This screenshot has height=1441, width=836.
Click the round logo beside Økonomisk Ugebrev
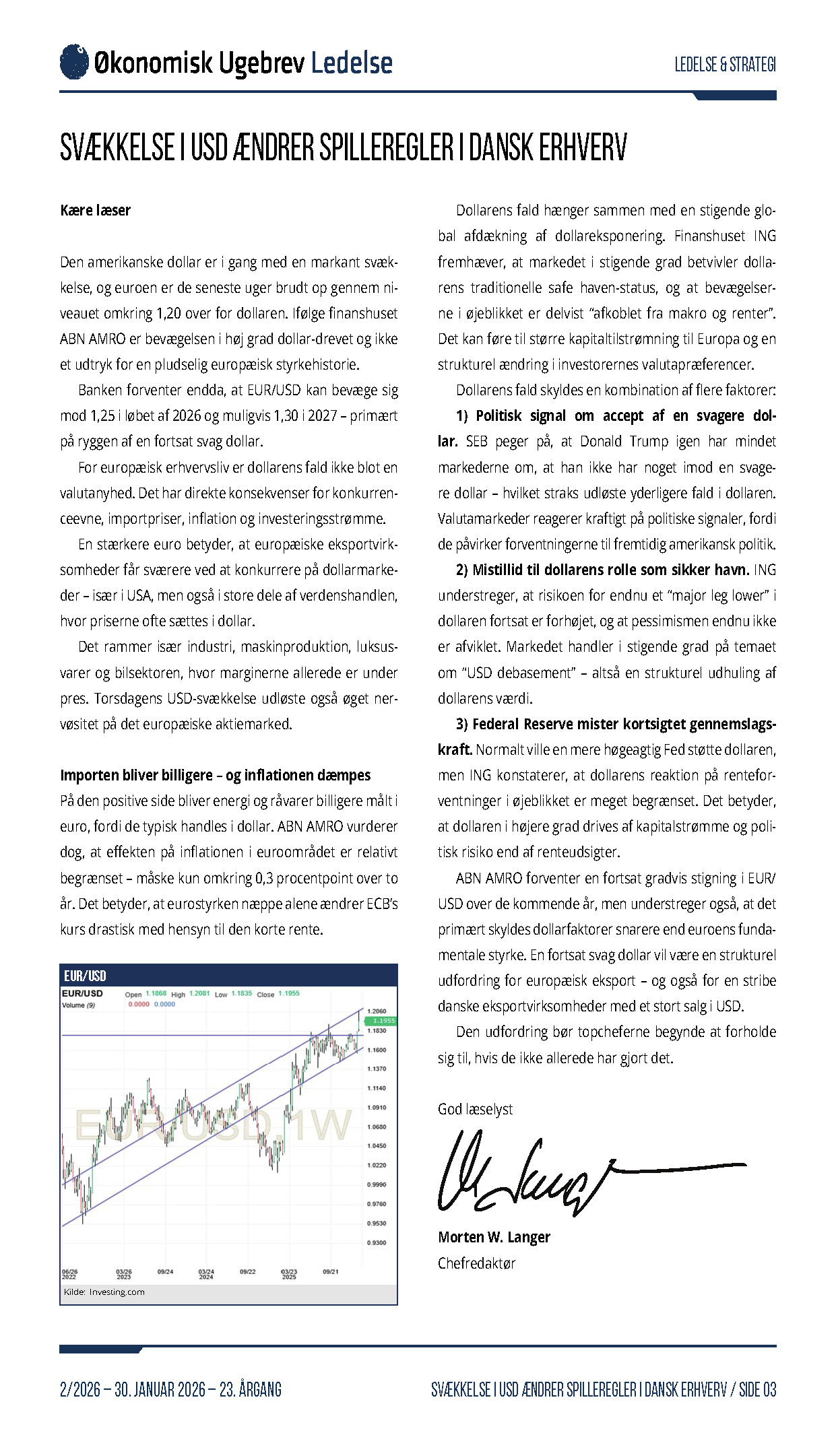click(74, 62)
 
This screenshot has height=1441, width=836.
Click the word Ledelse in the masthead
click(352, 63)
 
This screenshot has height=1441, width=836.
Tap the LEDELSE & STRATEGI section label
click(725, 65)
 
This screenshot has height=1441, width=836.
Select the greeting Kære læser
click(95, 210)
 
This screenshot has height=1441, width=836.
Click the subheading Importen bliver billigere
click(215, 775)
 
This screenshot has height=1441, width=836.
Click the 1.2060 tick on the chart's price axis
click(377, 1011)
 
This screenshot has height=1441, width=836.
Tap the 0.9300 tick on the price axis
click(377, 1242)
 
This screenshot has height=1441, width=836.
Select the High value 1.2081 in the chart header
click(199, 994)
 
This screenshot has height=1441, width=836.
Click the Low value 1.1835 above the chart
click(241, 994)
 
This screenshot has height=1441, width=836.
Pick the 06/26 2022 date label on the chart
click(69, 1275)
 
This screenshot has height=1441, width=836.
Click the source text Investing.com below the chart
click(117, 1292)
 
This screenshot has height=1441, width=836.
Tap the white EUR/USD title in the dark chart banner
click(85, 976)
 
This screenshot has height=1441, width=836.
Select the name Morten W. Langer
click(494, 1237)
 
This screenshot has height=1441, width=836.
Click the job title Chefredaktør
click(476, 1263)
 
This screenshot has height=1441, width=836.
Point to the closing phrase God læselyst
click(475, 1109)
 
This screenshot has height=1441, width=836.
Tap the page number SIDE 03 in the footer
click(757, 1389)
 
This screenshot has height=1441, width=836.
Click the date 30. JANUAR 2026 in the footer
click(160, 1389)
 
